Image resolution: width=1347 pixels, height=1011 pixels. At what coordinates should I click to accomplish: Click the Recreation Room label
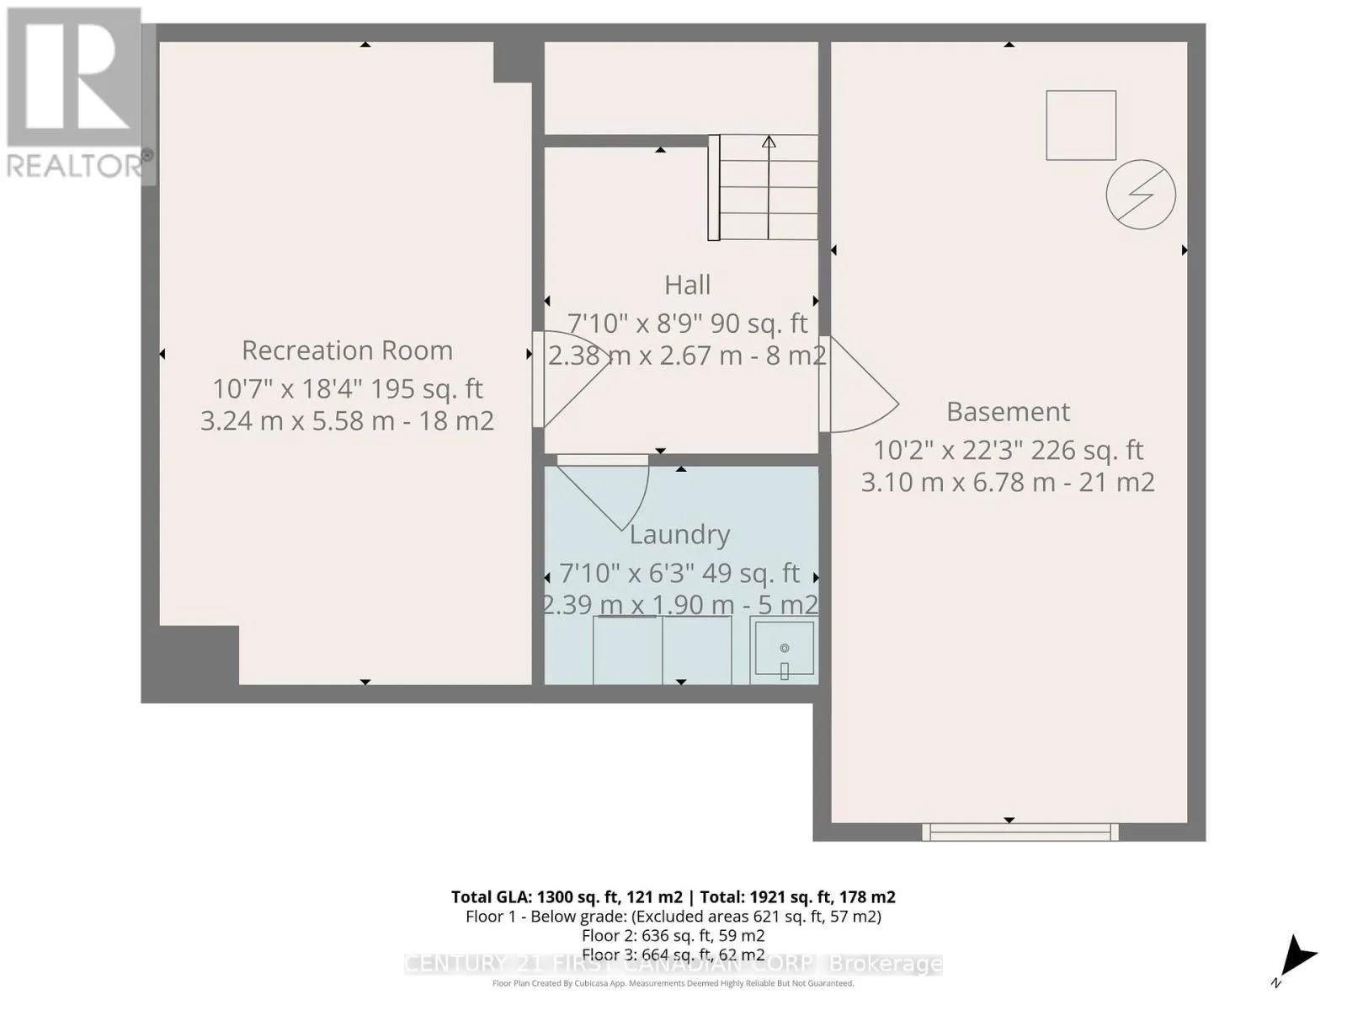pos(348,350)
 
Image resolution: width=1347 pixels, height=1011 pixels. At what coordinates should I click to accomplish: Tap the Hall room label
pos(687,285)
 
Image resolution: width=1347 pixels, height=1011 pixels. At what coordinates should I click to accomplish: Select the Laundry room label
pos(680,535)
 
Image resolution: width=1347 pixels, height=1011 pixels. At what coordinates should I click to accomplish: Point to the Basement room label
pos(1009,411)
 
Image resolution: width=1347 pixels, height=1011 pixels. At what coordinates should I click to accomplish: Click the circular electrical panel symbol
pos(1141,195)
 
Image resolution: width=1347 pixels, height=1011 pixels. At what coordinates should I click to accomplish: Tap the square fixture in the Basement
pos(1081,126)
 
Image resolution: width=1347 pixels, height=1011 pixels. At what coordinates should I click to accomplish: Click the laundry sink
pos(785,650)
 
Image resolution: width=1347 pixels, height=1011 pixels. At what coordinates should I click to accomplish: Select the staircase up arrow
pos(769,187)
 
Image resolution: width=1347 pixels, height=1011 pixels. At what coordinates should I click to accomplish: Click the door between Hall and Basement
pos(858,384)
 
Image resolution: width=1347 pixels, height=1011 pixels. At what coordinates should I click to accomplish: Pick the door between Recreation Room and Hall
pos(571,379)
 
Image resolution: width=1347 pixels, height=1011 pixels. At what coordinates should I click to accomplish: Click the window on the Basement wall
pos(1020,832)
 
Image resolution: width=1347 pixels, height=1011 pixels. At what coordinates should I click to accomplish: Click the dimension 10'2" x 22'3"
pos(947,451)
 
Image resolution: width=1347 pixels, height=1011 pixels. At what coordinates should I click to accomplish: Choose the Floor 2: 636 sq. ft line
pos(673,935)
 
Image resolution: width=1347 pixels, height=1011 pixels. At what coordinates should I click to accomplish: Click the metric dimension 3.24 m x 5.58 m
pos(298,421)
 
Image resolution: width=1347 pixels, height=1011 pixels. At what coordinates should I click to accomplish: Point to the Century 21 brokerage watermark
pos(673,964)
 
